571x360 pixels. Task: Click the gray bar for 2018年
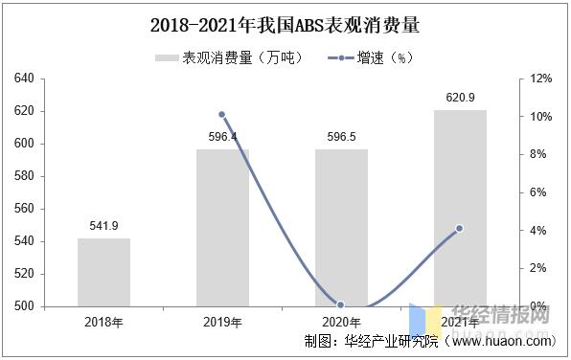click(x=103, y=272)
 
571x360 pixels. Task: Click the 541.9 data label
click(x=103, y=226)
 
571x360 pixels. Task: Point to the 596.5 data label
click(x=341, y=137)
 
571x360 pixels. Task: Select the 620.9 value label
click(x=460, y=97)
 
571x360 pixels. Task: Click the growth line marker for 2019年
click(x=222, y=115)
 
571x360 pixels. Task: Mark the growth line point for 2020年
click(x=341, y=305)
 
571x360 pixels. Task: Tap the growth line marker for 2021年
click(x=460, y=228)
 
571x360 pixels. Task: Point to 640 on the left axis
click(x=25, y=79)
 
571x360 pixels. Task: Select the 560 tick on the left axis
click(x=25, y=209)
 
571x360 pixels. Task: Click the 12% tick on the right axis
click(x=541, y=79)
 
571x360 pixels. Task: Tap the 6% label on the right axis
click(x=539, y=192)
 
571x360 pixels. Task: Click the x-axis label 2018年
click(x=103, y=322)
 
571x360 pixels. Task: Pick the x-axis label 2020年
click(x=341, y=322)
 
